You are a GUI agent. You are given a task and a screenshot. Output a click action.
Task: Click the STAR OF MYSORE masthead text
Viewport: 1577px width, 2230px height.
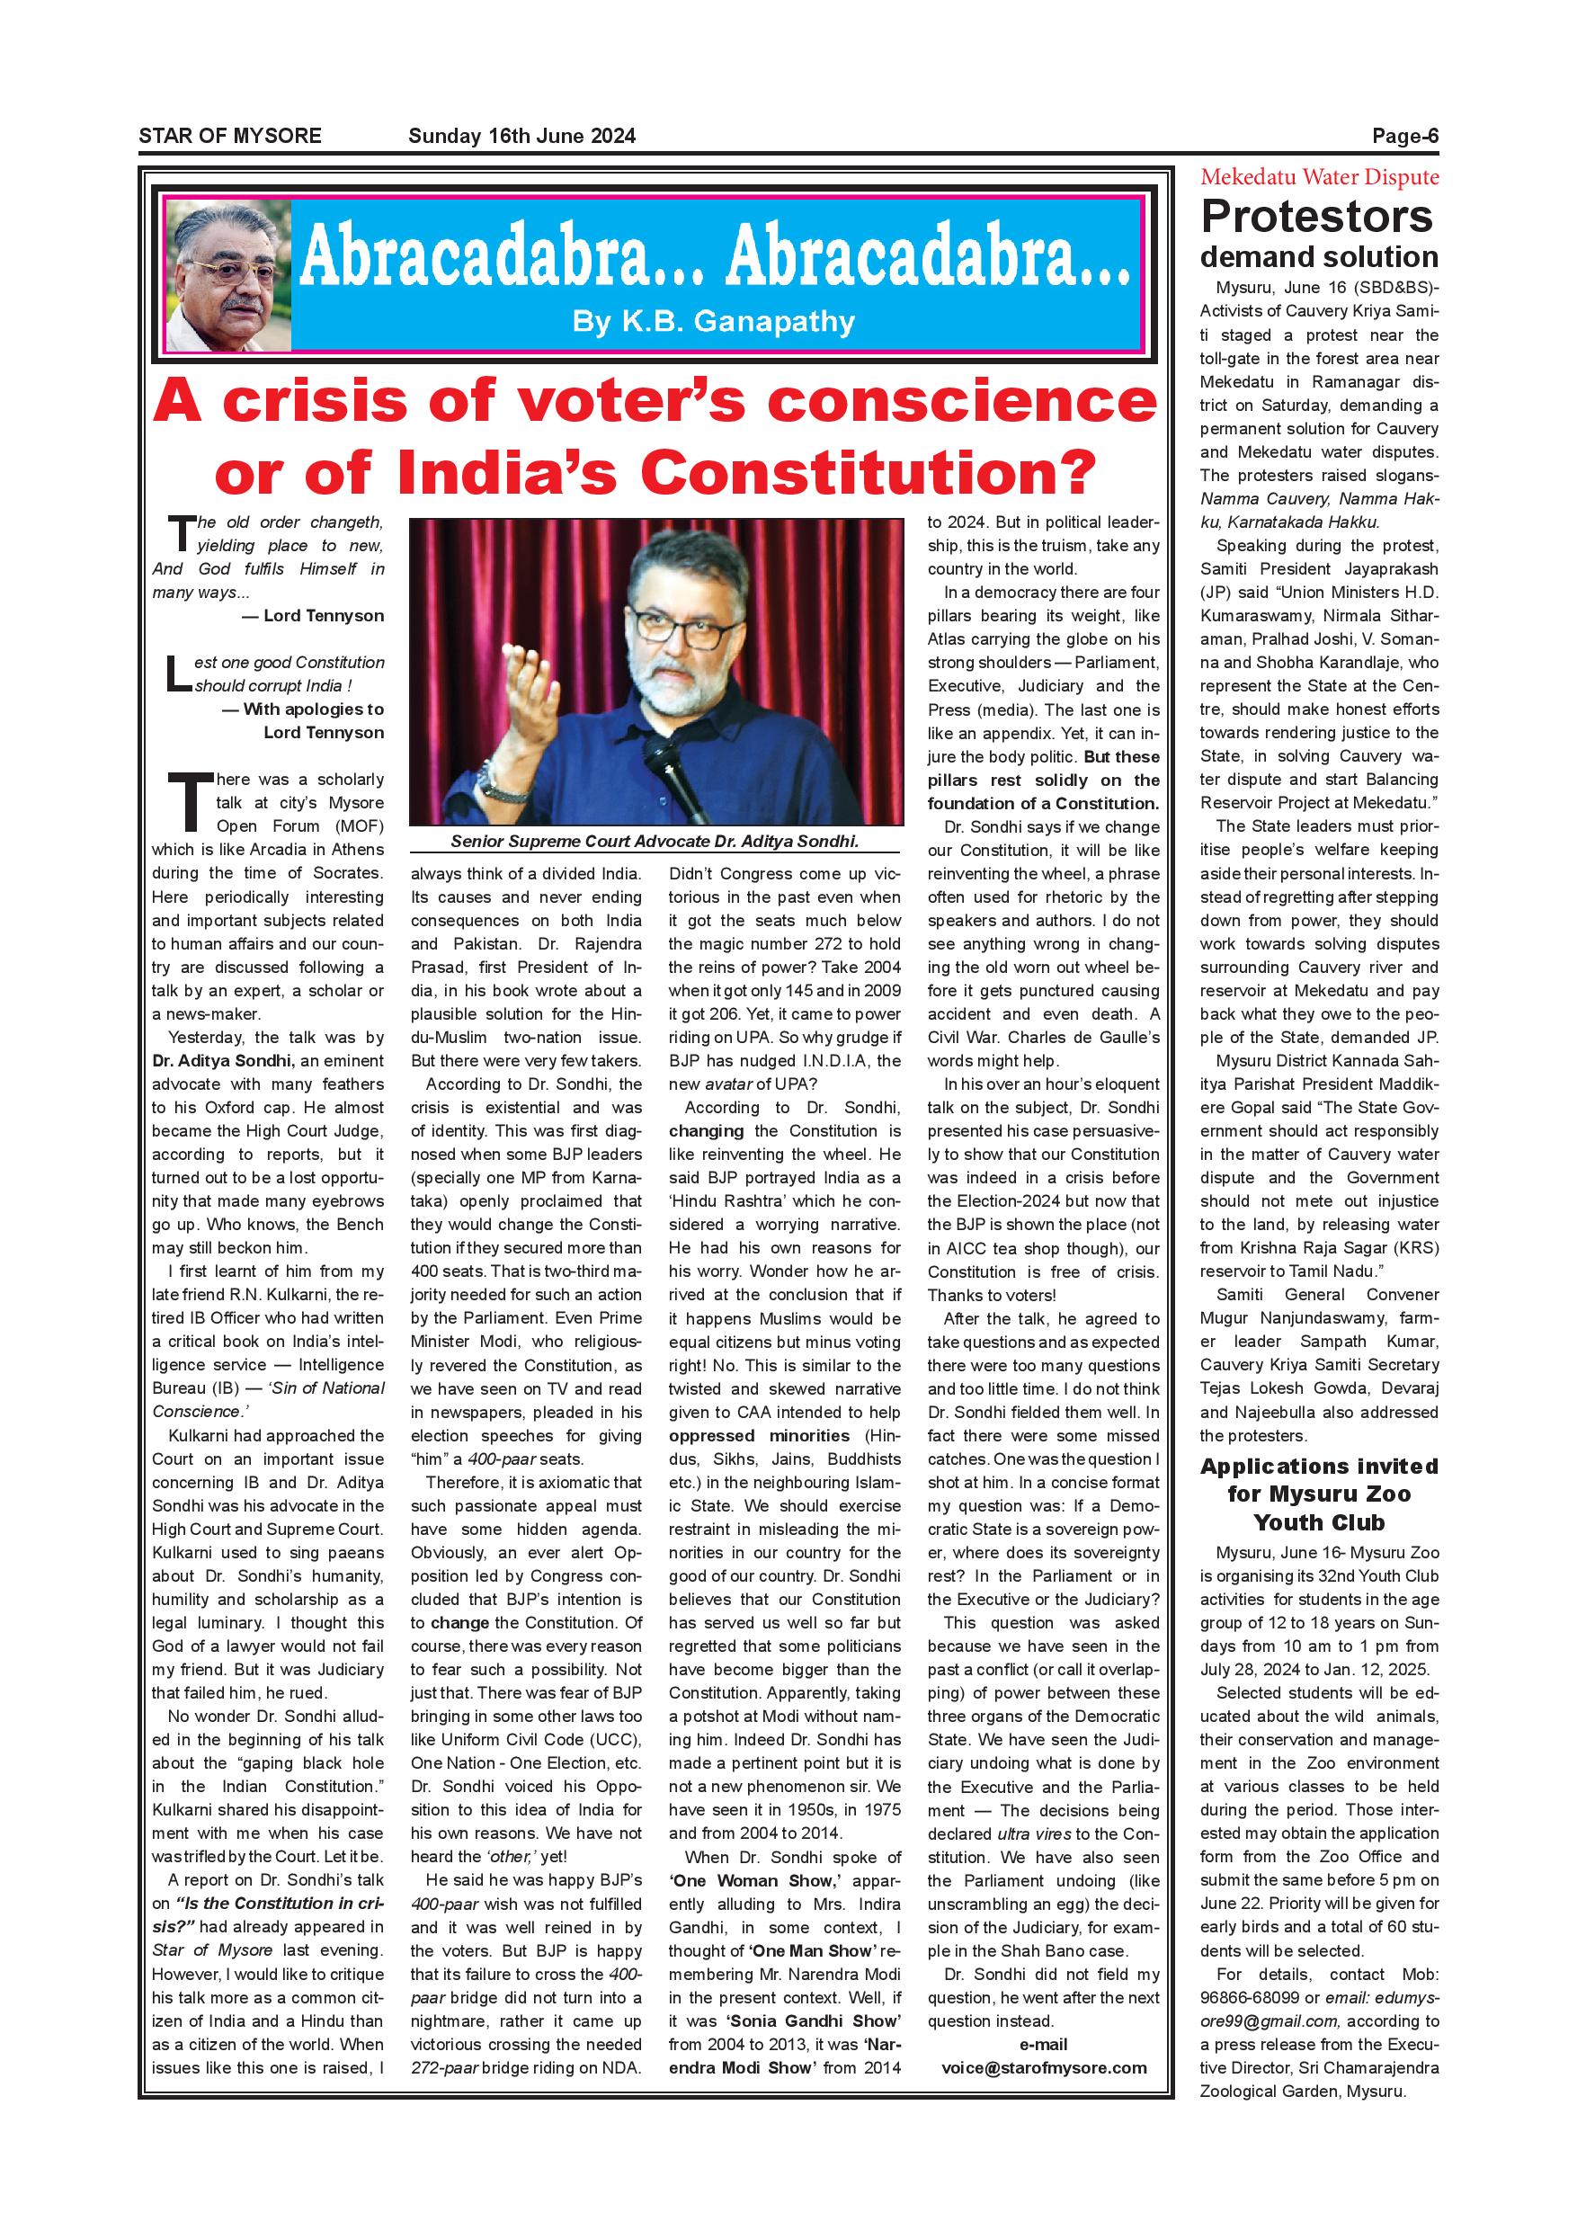(x=229, y=136)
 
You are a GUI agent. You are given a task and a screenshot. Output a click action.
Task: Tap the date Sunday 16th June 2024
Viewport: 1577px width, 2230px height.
(x=521, y=136)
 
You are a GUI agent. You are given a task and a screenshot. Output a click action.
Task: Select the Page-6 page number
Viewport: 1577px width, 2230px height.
(x=1404, y=136)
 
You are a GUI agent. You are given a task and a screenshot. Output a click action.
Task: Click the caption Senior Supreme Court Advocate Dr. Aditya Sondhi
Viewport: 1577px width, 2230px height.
(x=655, y=842)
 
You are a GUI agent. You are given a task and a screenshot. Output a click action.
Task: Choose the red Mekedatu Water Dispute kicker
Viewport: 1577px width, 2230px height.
(x=1319, y=177)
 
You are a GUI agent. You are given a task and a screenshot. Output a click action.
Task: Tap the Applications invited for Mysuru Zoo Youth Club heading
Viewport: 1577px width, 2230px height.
(x=1319, y=1494)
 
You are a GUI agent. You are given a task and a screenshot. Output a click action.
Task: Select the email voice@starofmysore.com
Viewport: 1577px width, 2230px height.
(x=1043, y=2095)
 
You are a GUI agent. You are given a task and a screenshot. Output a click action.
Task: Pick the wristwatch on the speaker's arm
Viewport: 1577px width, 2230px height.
(x=496, y=777)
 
